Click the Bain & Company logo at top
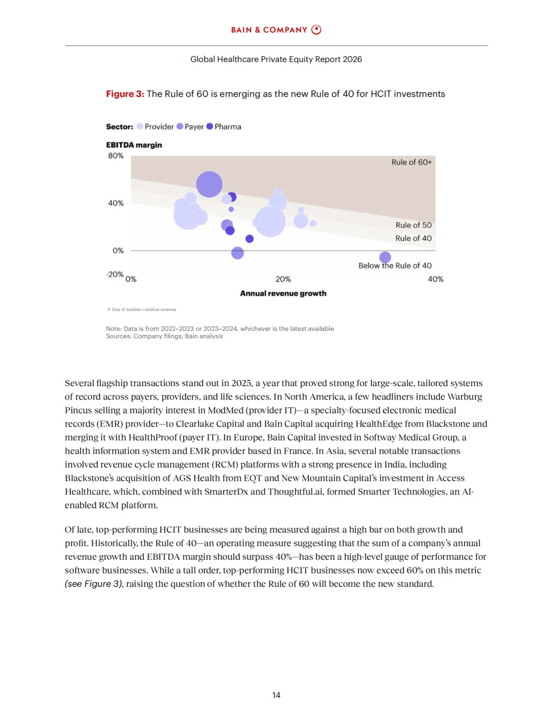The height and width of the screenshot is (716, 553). [276, 30]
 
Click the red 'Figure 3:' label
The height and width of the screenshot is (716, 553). [125, 94]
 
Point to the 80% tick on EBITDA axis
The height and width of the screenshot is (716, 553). [116, 156]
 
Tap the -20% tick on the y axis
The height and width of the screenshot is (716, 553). [115, 275]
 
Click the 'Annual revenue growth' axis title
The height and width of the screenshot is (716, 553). [283, 293]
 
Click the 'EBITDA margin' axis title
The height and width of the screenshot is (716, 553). [134, 145]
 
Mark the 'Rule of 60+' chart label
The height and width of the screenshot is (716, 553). [411, 162]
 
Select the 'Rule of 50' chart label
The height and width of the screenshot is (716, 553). [413, 225]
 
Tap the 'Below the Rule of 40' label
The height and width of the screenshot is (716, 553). [395, 266]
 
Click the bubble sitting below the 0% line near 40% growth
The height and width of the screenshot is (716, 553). [385, 257]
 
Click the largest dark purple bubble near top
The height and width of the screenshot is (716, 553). [209, 184]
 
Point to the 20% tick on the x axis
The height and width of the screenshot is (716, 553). [283, 279]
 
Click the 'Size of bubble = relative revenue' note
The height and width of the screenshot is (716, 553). [142, 309]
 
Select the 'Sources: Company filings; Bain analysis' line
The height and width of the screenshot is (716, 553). [164, 336]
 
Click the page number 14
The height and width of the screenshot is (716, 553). [276, 695]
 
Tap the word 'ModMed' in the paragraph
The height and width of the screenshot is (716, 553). [226, 410]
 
